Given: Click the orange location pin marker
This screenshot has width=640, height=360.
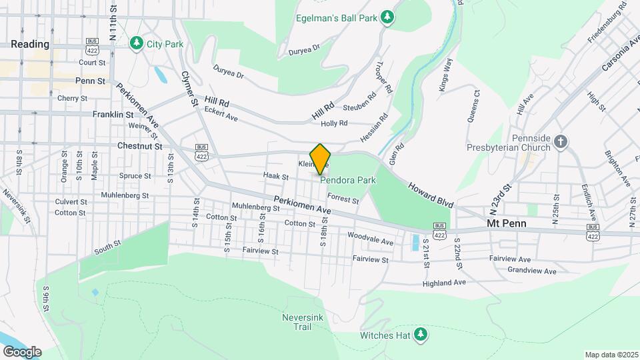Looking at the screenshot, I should point(320,159).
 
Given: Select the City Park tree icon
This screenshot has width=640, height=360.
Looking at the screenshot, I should point(137,43).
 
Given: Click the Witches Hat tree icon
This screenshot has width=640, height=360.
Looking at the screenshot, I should point(420,335).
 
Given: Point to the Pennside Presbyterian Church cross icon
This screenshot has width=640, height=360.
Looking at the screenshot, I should point(561,141).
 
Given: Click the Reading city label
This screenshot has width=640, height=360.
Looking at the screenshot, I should point(30,44).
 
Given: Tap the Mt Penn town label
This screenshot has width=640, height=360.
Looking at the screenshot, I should point(507,223).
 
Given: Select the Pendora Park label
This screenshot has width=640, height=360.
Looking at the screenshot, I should point(348,180).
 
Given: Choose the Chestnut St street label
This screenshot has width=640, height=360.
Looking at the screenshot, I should point(140,146).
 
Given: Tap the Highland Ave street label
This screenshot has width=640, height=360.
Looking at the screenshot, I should point(444,283).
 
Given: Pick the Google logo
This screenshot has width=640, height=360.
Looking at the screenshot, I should point(22,351).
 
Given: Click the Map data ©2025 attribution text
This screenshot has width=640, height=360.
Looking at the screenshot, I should point(611,355).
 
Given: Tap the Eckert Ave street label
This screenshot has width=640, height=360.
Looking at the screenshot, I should point(221,114).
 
